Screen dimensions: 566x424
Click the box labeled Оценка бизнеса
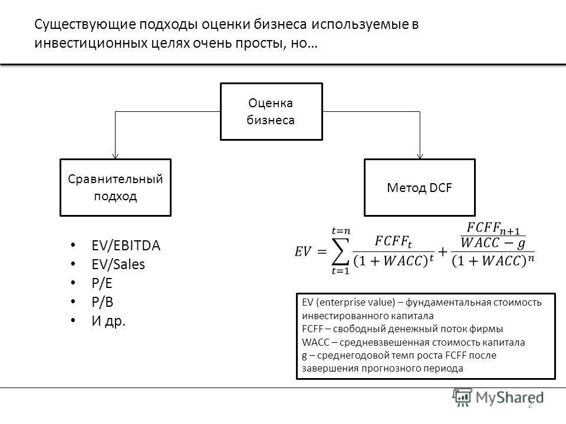pos(271,111)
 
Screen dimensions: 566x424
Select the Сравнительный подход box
pos(116,187)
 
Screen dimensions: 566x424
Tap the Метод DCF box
pos(419,187)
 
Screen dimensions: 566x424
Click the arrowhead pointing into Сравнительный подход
pos(115,156)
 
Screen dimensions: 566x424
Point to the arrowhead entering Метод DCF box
pos(420,156)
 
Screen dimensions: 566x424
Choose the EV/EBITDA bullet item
pos(126,246)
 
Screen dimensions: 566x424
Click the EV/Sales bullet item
pos(118,264)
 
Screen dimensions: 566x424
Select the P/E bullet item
pos(102,283)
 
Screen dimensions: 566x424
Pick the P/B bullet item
pos(102,302)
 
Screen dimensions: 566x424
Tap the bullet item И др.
pos(108,320)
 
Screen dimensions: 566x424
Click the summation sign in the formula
pos(340,251)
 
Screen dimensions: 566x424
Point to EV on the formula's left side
pos(302,251)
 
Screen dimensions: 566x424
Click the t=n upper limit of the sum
pos(341,231)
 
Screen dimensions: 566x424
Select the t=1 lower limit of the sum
pos(340,271)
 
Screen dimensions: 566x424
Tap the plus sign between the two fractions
pos(442,251)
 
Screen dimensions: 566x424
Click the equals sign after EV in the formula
pos(322,251)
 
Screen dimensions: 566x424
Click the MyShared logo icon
pos(462,397)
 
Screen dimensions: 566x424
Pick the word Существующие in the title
pos(85,25)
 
